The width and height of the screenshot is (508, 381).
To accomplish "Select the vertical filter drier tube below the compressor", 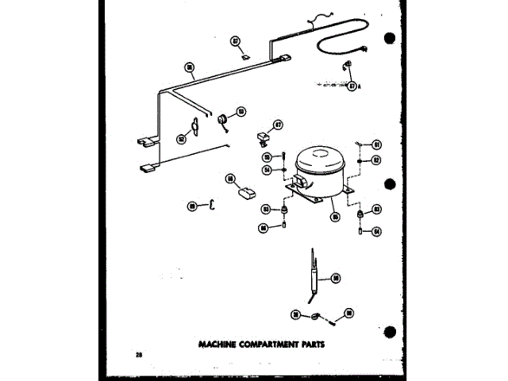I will click(316, 278).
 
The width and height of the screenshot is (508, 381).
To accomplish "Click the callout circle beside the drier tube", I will click(336, 278).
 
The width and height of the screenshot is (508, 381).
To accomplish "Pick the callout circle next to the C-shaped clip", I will click(192, 206).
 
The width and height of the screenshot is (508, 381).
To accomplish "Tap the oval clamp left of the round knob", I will click(193, 125).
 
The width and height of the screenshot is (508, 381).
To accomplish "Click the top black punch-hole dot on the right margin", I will click(390, 39).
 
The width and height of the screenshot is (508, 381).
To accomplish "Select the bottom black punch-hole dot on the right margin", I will click(390, 332).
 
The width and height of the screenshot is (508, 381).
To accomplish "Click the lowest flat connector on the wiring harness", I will click(148, 167).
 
